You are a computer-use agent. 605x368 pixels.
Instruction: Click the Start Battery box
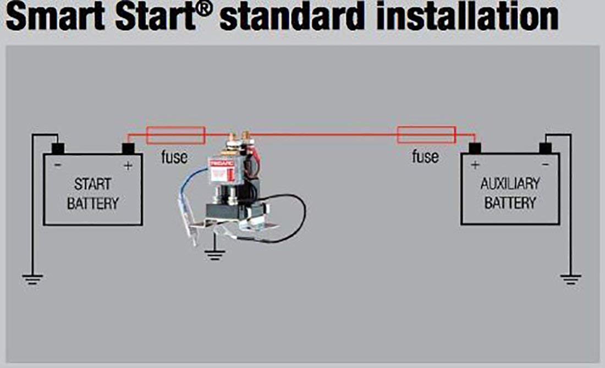tap(93, 190)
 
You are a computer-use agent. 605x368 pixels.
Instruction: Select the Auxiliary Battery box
tap(510, 190)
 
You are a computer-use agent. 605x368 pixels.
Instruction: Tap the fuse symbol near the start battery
tap(175, 135)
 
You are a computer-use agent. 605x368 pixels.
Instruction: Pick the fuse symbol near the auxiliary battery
tap(426, 135)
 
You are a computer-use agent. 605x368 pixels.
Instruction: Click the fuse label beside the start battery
tap(174, 157)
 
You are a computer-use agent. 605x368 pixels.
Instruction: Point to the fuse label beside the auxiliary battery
tap(425, 157)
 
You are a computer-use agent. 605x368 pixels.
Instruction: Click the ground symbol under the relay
tap(214, 254)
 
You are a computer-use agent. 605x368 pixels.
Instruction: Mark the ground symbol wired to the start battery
tap(32, 279)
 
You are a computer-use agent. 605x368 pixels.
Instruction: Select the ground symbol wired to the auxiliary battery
tap(570, 279)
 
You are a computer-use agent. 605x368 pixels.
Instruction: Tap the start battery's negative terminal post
tap(58, 149)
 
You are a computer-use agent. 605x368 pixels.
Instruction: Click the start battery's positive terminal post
tap(128, 149)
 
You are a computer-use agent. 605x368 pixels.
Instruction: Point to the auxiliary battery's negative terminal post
tap(545, 149)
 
